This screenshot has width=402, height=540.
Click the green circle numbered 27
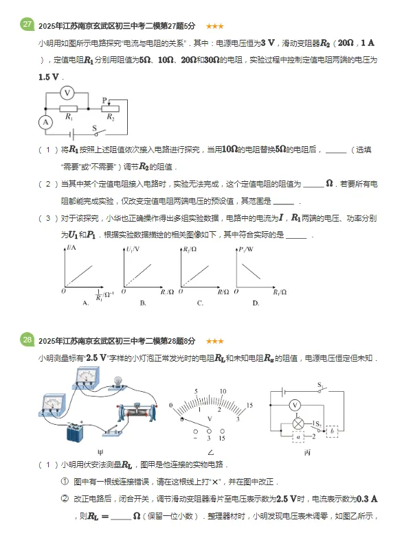point(27,25)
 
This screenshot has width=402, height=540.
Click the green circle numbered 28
point(27,339)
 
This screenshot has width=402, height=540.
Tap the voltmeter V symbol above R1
point(67,92)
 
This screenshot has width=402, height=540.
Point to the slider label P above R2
point(104,99)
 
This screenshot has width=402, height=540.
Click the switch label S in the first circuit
point(94,127)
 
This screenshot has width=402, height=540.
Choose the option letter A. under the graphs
point(86,303)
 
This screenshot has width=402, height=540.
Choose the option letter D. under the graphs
point(256,303)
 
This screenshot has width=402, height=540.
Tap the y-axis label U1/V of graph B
point(130,249)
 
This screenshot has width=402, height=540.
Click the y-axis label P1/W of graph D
point(244,249)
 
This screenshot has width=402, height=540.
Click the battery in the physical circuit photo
point(78,431)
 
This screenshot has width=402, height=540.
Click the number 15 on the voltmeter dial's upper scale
point(249,406)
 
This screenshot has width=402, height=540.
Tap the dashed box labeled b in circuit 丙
point(333,432)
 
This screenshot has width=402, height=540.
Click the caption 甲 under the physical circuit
point(100,453)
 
